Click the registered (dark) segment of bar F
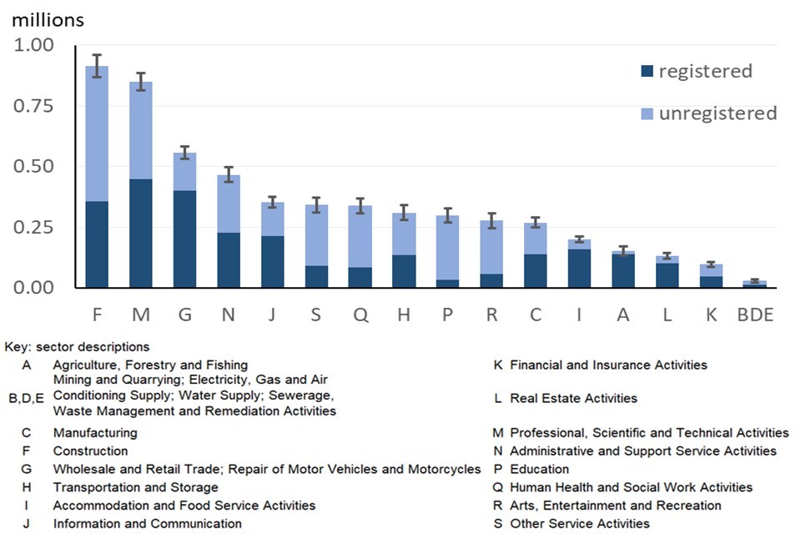97,244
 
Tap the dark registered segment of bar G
184,239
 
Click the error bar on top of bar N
229,174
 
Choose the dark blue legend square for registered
647,72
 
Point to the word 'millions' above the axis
48,18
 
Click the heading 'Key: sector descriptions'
77,346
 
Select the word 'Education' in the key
539,469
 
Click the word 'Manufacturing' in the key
95,433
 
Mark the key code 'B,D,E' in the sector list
26,399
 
